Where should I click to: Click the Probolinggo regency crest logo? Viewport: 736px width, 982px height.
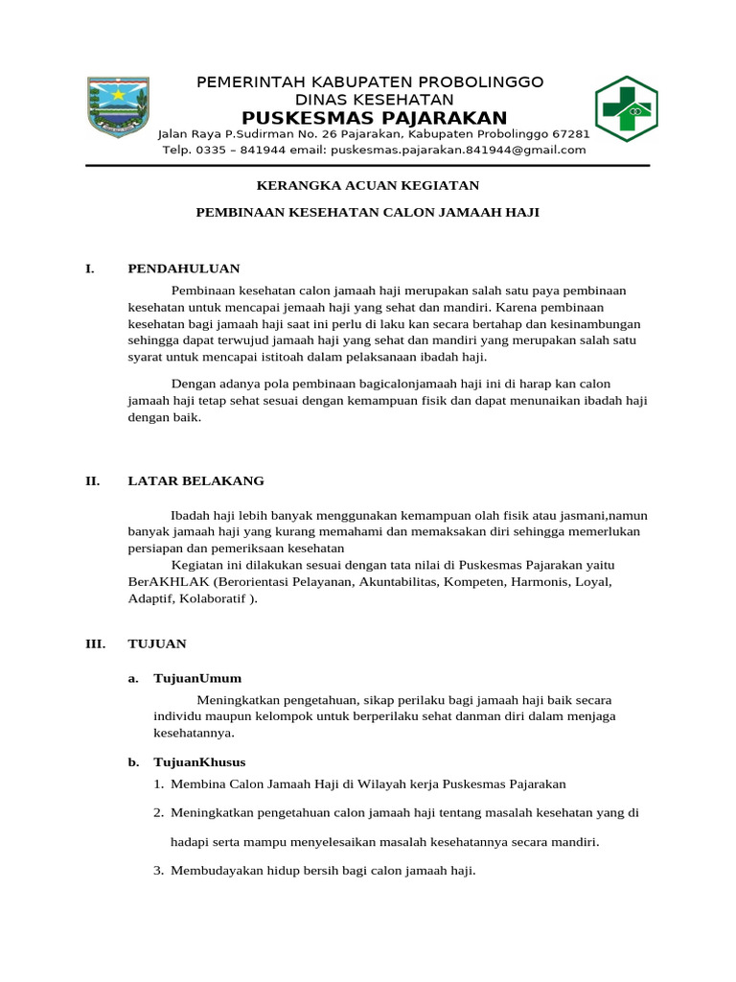(x=119, y=108)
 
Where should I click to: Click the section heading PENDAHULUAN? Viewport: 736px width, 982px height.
(x=184, y=269)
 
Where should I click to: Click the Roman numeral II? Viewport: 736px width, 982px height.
(x=92, y=481)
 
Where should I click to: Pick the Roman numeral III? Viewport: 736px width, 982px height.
(x=95, y=643)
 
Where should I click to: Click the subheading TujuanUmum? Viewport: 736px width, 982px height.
(x=197, y=679)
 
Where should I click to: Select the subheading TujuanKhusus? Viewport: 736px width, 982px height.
(x=199, y=762)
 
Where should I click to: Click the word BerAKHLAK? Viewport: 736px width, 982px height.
(x=169, y=582)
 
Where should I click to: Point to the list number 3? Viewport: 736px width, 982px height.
(x=158, y=872)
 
